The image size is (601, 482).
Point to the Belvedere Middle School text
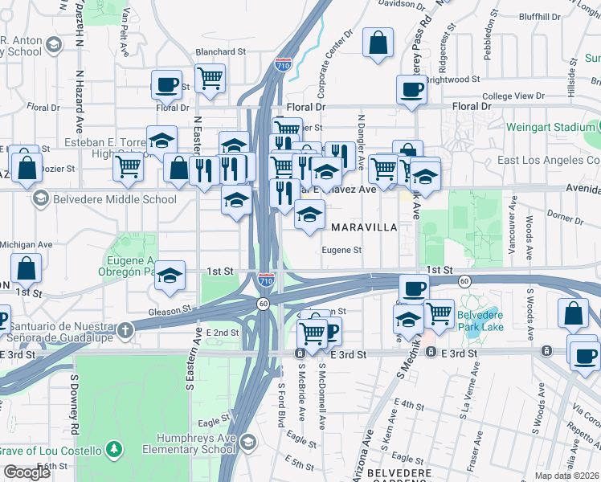[115, 199]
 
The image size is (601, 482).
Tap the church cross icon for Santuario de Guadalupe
[125, 329]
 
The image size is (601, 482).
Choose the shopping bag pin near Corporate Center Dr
[378, 43]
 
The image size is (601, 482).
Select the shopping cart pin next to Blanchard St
[211, 78]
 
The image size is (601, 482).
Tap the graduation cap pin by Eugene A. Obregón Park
[170, 276]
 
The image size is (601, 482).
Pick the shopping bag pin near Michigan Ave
[26, 268]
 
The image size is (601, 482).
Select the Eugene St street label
[341, 250]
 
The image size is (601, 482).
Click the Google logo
[27, 472]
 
